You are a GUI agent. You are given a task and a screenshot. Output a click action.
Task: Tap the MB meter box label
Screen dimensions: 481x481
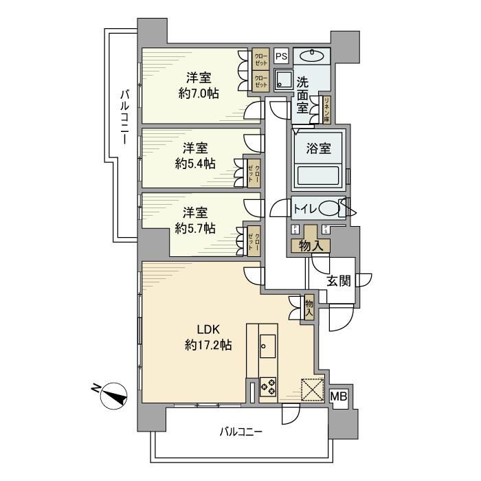click(x=338, y=396)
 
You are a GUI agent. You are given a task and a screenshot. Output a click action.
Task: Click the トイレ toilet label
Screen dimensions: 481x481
click(x=304, y=208)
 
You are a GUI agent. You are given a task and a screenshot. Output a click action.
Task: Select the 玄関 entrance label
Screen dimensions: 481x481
click(x=337, y=280)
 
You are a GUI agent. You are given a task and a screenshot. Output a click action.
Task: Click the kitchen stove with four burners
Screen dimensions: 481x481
click(x=268, y=386)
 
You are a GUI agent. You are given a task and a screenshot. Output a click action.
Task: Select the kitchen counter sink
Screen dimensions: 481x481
click(x=268, y=342)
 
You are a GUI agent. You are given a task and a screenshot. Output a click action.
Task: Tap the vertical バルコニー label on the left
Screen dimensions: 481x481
click(x=124, y=115)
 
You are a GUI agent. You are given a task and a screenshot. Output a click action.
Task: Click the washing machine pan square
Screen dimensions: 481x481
click(x=282, y=80)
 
